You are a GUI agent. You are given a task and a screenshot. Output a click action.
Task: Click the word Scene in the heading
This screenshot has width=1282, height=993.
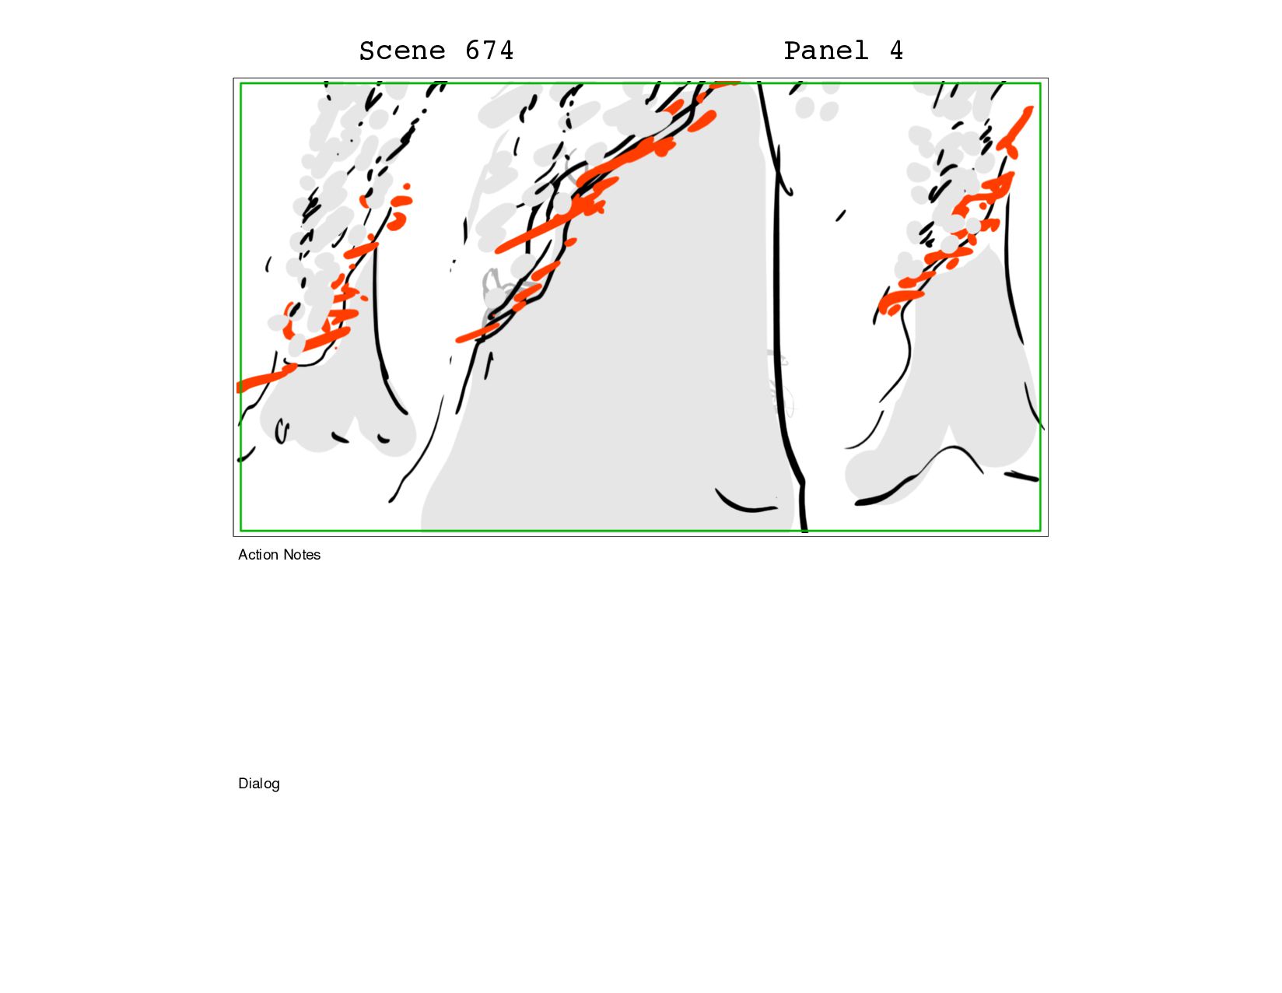tap(401, 51)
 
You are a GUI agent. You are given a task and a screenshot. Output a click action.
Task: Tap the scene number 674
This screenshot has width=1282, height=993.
tap(489, 51)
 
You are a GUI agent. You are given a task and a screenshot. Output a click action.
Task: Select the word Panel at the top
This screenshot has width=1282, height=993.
tap(825, 51)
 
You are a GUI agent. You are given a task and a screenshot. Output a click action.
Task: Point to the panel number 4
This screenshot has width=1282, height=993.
tap(896, 51)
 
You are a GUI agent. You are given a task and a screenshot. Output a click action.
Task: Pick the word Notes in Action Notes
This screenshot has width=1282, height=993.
tap(301, 555)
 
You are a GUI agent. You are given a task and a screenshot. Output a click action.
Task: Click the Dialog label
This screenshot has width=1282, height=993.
tap(258, 784)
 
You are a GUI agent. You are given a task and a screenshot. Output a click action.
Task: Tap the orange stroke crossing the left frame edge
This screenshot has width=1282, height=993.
tap(265, 377)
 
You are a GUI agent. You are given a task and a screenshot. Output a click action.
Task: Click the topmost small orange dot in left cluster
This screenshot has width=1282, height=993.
tap(407, 187)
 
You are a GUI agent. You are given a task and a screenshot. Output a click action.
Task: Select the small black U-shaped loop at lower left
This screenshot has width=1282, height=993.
tap(281, 431)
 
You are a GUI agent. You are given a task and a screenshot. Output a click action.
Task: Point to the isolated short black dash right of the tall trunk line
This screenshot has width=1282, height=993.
tap(841, 216)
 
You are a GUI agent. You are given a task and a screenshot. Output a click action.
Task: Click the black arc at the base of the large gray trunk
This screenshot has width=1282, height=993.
tap(744, 504)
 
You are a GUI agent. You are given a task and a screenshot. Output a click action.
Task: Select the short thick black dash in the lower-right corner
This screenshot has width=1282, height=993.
tap(1021, 475)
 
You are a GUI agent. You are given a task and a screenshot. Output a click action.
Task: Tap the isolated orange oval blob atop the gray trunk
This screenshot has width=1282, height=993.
tap(702, 121)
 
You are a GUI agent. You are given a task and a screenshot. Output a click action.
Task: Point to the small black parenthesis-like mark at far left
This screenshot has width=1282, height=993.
tap(268, 264)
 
